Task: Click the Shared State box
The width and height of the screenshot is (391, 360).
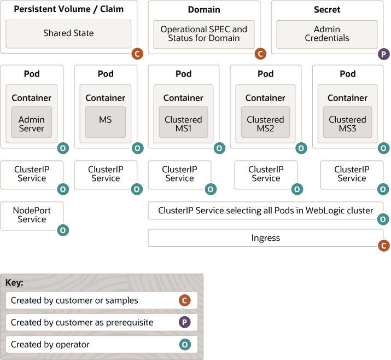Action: [68, 33]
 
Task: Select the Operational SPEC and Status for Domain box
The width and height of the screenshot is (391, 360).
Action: [203, 34]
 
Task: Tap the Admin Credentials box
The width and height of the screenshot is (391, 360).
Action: [326, 34]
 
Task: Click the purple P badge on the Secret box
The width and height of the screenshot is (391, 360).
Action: [384, 54]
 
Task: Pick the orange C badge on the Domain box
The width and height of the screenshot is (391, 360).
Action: [260, 54]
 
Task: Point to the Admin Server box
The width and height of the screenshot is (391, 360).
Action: [32, 124]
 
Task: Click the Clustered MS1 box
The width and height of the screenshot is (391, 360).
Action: [183, 124]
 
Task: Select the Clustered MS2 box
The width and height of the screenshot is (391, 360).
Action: [265, 124]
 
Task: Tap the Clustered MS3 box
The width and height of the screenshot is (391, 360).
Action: [347, 124]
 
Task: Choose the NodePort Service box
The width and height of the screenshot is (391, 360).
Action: [32, 215]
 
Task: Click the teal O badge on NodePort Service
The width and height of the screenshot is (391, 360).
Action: [63, 230]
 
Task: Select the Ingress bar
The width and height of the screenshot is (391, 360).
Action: [265, 238]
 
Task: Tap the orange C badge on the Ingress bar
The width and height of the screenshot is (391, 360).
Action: [384, 246]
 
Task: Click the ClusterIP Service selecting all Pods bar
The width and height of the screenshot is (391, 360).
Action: [265, 211]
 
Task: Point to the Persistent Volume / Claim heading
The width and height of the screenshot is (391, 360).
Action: [68, 9]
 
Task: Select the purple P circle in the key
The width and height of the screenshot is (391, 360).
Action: [185, 322]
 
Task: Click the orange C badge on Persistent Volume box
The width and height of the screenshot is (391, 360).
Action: [137, 54]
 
